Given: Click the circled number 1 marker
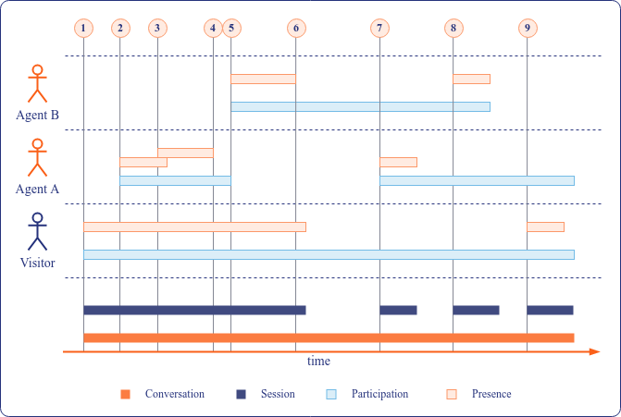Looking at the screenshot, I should [83, 28].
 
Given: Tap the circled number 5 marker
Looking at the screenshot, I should [230, 28].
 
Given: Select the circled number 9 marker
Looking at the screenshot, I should [528, 28].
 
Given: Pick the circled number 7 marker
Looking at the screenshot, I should [379, 28].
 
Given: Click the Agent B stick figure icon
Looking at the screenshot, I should [37, 83].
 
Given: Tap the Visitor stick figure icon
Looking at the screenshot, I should [37, 231].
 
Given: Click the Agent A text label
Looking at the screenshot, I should [37, 189].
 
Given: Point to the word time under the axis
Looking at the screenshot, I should [318, 362].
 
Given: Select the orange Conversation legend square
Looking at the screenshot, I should [125, 395].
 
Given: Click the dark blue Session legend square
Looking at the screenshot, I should [241, 395].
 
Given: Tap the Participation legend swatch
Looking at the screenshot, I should [331, 395].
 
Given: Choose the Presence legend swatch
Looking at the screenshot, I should [452, 395].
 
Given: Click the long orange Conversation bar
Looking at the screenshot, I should [329, 337].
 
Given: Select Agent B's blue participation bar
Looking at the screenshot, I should [360, 106].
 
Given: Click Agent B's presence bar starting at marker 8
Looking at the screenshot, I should [471, 79].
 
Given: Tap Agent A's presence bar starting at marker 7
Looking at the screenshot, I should [398, 162].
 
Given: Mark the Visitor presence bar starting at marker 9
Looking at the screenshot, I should [545, 227].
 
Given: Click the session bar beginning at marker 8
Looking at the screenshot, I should [476, 310].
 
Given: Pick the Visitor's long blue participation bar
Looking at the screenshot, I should [329, 254].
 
